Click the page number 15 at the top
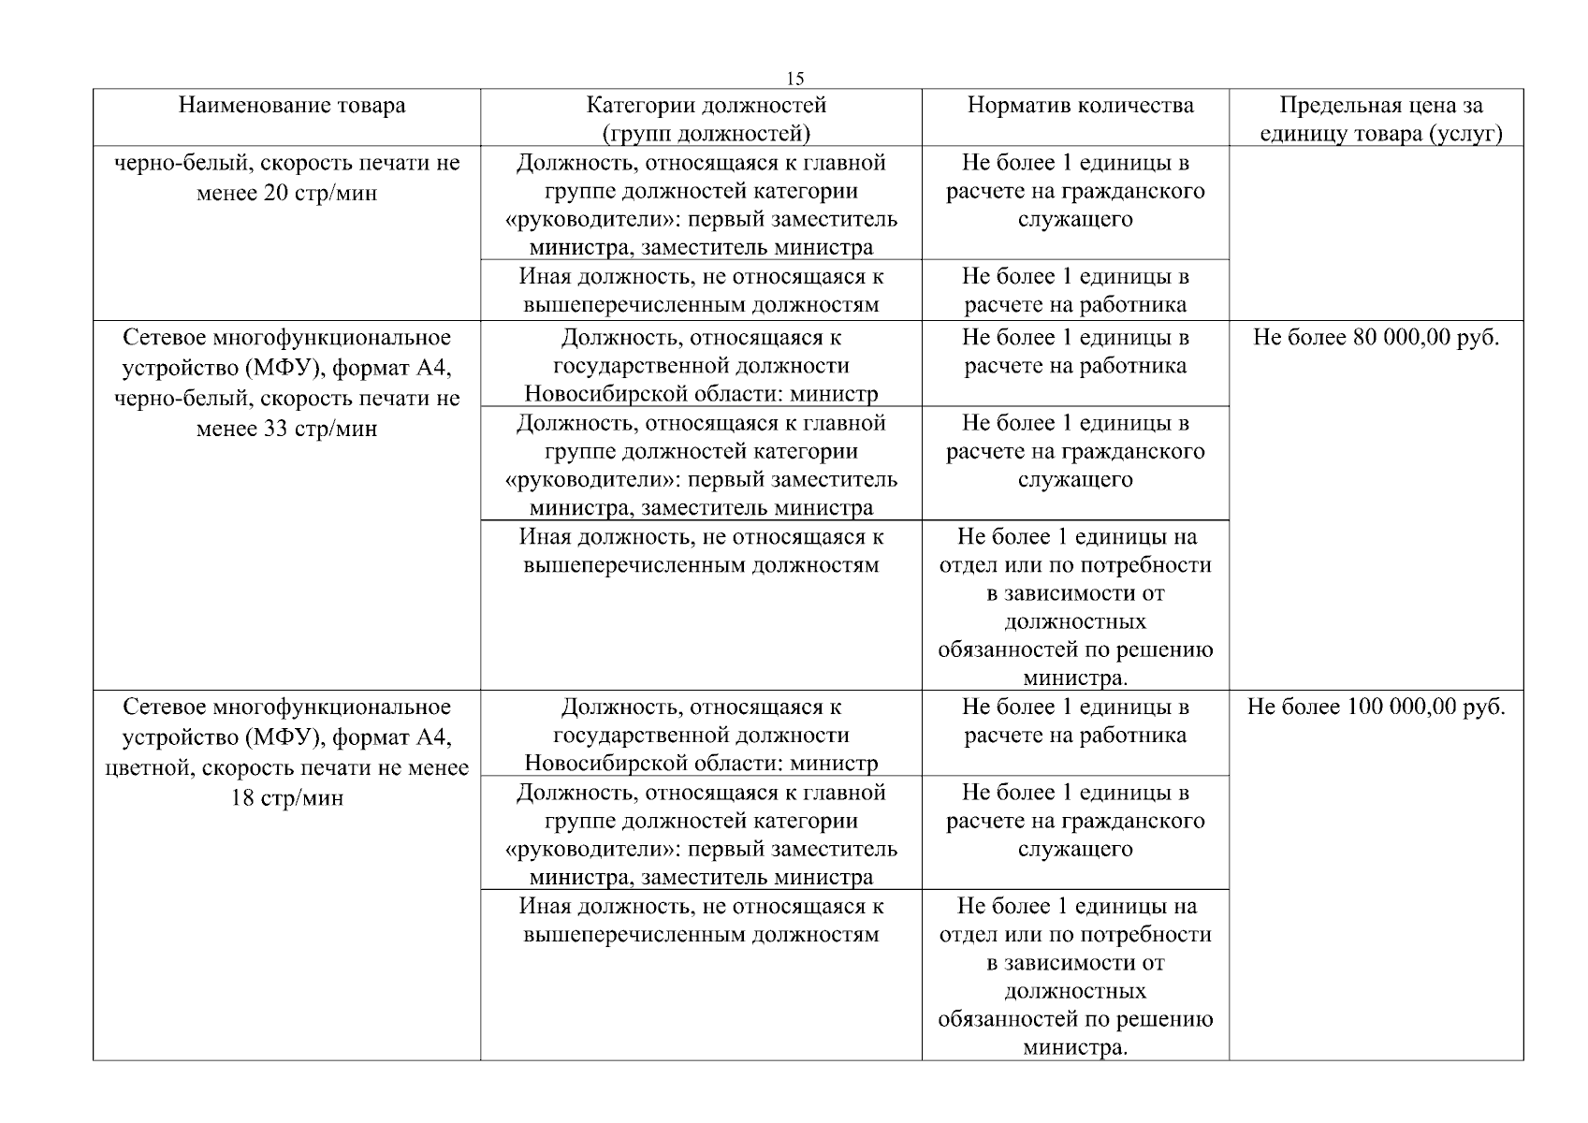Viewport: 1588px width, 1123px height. [794, 79]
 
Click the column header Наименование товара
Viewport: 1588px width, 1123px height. [292, 105]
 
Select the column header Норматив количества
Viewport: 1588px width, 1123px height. [1080, 105]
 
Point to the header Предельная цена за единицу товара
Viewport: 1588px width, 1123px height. [1380, 119]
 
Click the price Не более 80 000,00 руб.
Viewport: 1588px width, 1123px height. [1376, 338]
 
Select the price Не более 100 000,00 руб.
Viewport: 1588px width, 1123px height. [1376, 707]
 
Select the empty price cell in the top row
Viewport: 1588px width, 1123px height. [1376, 234]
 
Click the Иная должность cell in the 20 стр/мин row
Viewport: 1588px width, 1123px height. [701, 291]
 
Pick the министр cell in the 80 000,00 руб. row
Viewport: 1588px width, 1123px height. [701, 366]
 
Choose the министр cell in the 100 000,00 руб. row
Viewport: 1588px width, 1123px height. [701, 736]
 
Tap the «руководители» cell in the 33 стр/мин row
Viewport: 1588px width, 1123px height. [701, 466]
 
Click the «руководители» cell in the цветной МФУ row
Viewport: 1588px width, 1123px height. [701, 836]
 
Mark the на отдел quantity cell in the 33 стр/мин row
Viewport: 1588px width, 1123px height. [1076, 606]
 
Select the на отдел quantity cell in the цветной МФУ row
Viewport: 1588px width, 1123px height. [1076, 976]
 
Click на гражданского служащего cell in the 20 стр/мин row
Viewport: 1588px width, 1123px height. [1076, 192]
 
